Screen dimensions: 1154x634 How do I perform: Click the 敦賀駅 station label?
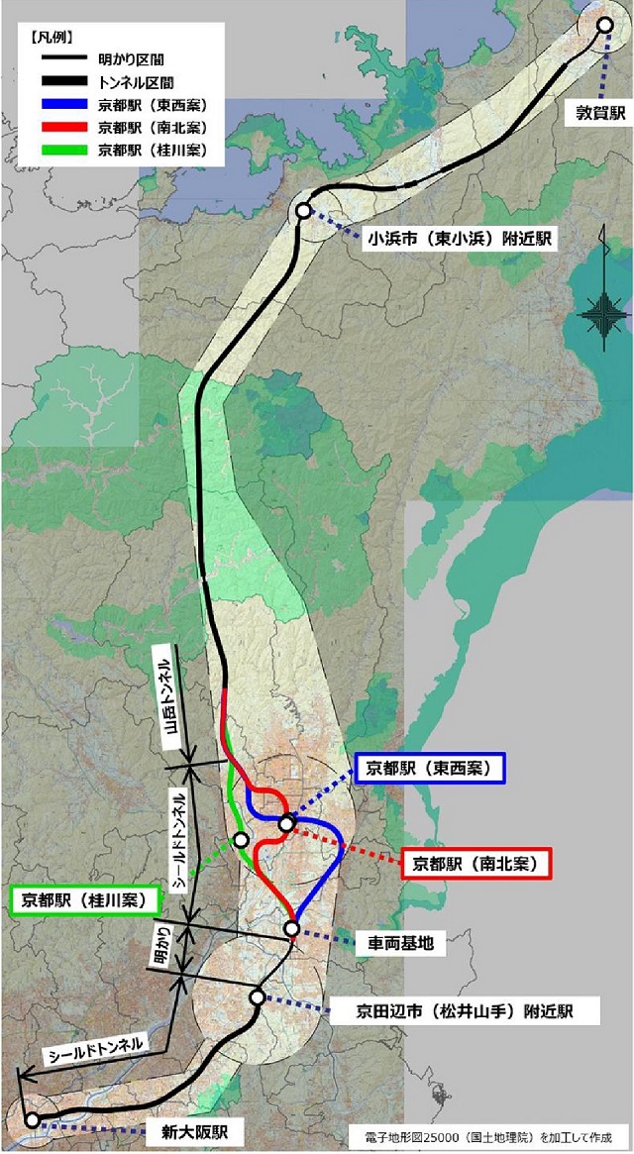pyautogui.click(x=601, y=113)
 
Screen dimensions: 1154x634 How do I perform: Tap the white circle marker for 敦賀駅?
pyautogui.click(x=605, y=25)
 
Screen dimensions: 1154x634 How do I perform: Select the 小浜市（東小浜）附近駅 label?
pyautogui.click(x=460, y=238)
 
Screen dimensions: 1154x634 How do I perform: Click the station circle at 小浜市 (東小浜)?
pyautogui.click(x=303, y=212)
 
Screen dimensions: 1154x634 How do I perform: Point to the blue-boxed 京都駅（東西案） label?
pyautogui.click(x=430, y=767)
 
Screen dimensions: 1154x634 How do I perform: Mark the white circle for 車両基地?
pyautogui.click(x=291, y=928)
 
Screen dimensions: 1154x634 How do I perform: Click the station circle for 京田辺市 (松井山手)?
pyautogui.click(x=257, y=997)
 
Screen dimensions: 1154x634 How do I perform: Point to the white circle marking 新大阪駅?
pyautogui.click(x=33, y=1120)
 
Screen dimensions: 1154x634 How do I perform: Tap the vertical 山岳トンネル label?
pyautogui.click(x=171, y=699)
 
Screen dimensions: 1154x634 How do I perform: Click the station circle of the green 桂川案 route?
pyautogui.click(x=241, y=840)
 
